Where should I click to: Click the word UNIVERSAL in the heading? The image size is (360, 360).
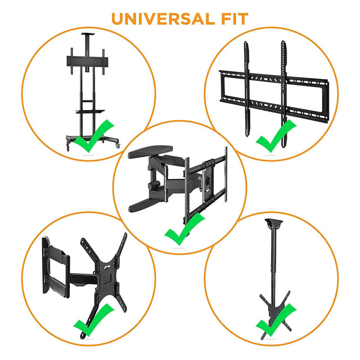[x=163, y=19]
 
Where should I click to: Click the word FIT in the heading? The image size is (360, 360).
[x=234, y=19]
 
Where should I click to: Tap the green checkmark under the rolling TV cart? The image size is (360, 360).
[x=94, y=136]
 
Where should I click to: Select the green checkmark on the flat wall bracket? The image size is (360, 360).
[x=276, y=136]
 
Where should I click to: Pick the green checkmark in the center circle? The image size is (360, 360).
[x=184, y=229]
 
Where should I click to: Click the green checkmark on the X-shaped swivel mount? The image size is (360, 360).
[x=94, y=320]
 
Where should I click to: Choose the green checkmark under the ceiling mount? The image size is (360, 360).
[x=276, y=320]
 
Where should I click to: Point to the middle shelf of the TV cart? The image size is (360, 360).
[x=90, y=112]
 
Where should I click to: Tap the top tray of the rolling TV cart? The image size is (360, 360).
[x=88, y=34]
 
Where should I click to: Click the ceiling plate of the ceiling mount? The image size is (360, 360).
[x=274, y=223]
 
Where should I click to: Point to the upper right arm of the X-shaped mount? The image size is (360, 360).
[x=121, y=249]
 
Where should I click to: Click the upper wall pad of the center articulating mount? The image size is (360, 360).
[x=150, y=151]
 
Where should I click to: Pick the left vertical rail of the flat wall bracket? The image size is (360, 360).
[x=247, y=89]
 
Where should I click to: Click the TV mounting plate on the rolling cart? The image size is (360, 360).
[x=87, y=61]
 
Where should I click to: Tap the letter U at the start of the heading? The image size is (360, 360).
[x=118, y=19]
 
